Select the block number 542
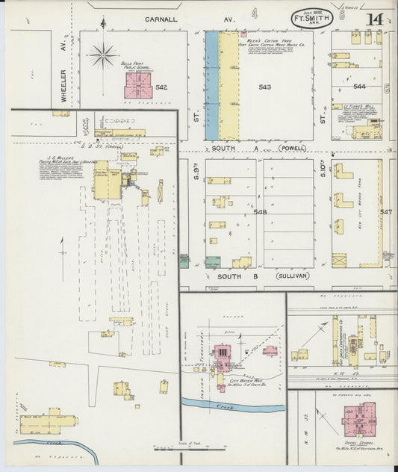pyautogui.click(x=161, y=88)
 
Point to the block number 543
pyautogui.click(x=264, y=88)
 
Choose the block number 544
pyautogui.click(x=359, y=87)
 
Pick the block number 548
pyautogui.click(x=260, y=212)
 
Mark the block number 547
pyautogui.click(x=385, y=212)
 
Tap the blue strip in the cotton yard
pyautogui.click(x=212, y=84)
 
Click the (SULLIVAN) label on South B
pyautogui.click(x=293, y=276)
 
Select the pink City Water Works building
pyautogui.click(x=223, y=353)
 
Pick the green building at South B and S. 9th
pyautogui.click(x=213, y=262)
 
